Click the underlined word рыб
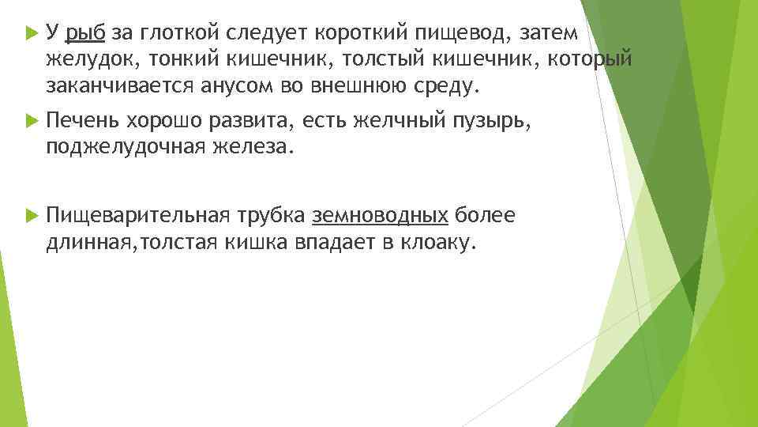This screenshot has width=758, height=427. coord(86,33)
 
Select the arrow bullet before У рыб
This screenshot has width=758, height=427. coord(32,33)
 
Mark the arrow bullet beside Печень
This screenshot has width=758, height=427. coord(32,119)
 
